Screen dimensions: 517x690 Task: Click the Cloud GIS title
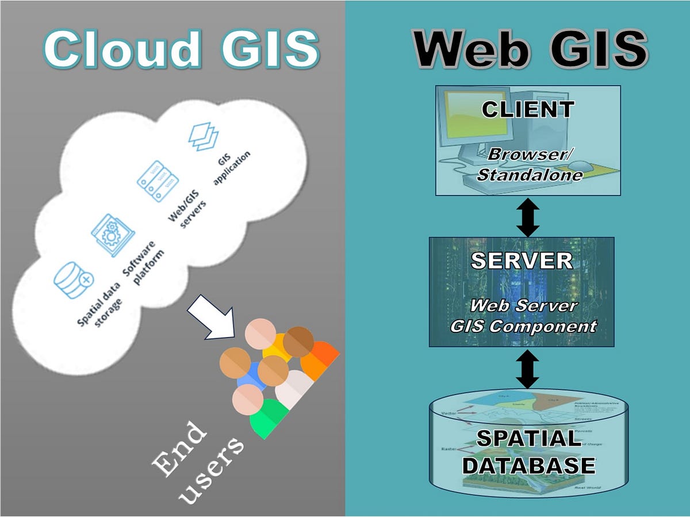(181, 49)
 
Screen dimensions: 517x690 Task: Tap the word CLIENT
(527, 109)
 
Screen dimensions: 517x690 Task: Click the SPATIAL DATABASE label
(528, 452)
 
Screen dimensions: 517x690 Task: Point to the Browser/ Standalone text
(530, 164)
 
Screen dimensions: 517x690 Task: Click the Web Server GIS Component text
(523, 316)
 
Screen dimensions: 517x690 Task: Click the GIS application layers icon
(204, 136)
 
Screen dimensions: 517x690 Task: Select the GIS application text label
(232, 168)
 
